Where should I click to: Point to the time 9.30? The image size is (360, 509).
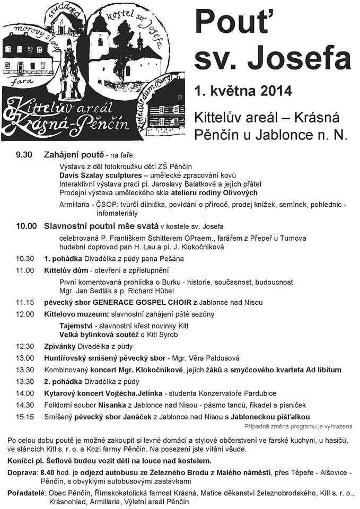point(25,155)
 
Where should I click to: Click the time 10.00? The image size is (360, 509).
point(26,226)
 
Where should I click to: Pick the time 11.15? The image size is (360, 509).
point(25,302)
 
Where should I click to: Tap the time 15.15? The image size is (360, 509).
point(25,417)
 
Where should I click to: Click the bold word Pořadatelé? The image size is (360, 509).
point(25,493)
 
